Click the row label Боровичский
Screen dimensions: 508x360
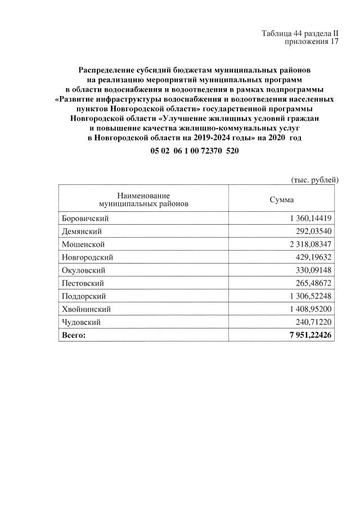(x=84, y=218)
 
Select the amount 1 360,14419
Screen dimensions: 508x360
(x=306, y=218)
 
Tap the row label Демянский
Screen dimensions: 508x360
(x=81, y=231)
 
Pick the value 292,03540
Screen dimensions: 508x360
(x=313, y=231)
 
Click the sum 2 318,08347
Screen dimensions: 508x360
(x=306, y=244)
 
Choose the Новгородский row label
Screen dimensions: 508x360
(x=87, y=257)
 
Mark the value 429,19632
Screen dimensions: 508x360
(x=313, y=257)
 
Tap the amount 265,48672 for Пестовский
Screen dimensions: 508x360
(x=313, y=283)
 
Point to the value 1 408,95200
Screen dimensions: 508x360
(x=306, y=309)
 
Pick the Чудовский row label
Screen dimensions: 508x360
(x=81, y=322)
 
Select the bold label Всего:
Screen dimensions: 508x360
(x=73, y=335)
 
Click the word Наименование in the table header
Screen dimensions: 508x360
(x=143, y=195)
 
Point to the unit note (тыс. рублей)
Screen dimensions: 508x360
(x=314, y=180)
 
